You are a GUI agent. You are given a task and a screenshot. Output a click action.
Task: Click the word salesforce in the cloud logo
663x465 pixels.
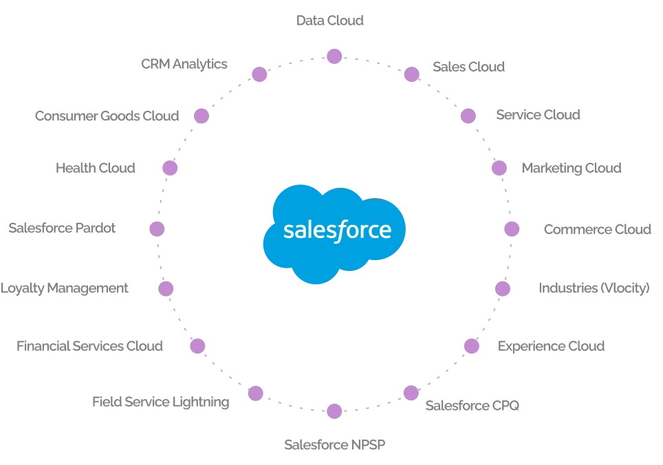pyautogui.click(x=336, y=229)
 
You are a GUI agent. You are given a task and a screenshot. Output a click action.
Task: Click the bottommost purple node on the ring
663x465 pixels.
pyautogui.click(x=334, y=412)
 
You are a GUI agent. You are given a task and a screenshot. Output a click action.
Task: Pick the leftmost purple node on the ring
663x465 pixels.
pyautogui.click(x=157, y=229)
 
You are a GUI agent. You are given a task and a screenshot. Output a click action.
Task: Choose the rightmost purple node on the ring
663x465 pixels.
pyautogui.click(x=511, y=229)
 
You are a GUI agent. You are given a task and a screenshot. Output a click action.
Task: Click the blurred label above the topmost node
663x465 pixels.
pyautogui.click(x=333, y=19)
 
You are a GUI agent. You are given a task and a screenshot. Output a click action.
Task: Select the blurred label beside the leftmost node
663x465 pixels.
pyautogui.click(x=63, y=229)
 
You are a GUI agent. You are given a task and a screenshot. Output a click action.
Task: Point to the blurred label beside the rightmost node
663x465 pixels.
pyautogui.click(x=597, y=229)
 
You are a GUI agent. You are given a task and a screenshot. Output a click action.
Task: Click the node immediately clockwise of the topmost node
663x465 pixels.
pyautogui.click(x=411, y=74)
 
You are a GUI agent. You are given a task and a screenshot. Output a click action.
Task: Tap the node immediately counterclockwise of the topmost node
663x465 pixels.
pyautogui.click(x=259, y=74)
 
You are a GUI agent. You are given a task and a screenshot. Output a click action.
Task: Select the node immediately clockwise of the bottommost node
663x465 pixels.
pyautogui.click(x=256, y=393)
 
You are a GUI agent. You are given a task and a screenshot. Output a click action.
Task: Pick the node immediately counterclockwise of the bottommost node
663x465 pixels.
pyautogui.click(x=410, y=393)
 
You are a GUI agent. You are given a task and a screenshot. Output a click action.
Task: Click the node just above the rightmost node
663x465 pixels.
pyautogui.click(x=499, y=169)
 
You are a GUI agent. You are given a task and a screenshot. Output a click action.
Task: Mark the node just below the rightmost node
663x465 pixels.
pyautogui.click(x=503, y=288)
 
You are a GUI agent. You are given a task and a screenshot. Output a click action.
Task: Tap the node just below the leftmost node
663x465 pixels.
pyautogui.click(x=166, y=288)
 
